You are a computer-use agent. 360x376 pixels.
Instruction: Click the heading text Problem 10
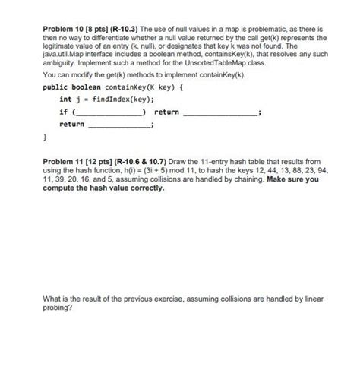[62, 27]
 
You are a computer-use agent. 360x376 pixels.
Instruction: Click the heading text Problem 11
[62, 162]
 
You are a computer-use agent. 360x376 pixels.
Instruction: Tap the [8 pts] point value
[96, 27]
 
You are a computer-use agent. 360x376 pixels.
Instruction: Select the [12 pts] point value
[98, 162]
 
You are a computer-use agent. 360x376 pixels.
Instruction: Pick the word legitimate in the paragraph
[58, 46]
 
